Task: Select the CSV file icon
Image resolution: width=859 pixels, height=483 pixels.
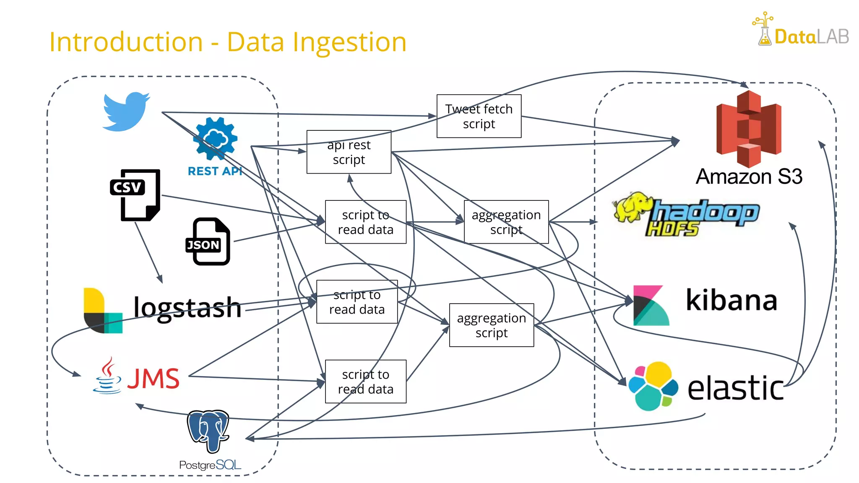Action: [135, 195]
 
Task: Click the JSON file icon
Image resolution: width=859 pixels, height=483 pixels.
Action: [208, 241]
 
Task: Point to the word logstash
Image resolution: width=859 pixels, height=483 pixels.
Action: [187, 308]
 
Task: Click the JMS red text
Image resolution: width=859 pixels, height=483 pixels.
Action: [154, 378]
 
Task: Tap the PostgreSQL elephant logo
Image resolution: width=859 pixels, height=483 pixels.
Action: [208, 431]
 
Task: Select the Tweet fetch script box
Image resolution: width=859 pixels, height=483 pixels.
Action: [479, 116]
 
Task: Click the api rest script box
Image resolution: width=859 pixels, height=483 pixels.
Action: [349, 152]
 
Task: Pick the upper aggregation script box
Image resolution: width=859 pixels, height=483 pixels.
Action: [506, 222]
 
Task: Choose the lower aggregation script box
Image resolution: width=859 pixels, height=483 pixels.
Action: [491, 325]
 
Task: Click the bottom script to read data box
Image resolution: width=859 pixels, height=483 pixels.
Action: [365, 382]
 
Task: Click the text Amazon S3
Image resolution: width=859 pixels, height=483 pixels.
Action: [749, 177]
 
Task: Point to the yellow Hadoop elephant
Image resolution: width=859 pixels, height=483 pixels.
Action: [631, 207]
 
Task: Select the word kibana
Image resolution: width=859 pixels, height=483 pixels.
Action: [731, 300]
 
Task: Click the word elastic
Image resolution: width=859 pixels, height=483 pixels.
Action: [735, 388]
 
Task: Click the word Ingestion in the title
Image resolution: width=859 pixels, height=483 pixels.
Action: [349, 42]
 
